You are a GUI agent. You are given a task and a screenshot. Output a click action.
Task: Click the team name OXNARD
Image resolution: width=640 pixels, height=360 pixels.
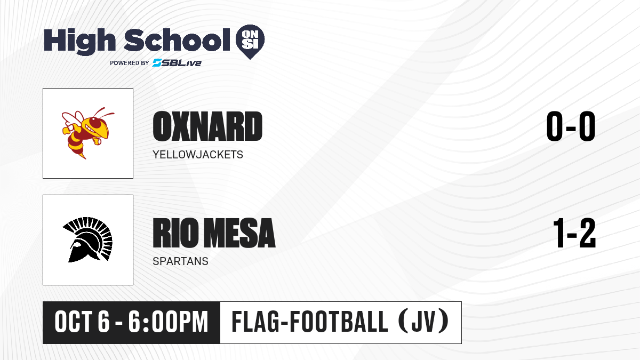207,126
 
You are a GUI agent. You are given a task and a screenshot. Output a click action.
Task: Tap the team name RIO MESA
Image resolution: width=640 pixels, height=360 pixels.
214,233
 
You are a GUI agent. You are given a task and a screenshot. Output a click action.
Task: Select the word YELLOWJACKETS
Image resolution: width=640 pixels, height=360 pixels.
198,155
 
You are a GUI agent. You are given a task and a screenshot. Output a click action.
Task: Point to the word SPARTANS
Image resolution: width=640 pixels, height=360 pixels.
180,261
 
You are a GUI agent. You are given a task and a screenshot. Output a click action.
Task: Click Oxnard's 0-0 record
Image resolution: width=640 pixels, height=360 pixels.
571,126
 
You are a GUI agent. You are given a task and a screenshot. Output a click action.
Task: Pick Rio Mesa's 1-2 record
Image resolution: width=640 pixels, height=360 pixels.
574,233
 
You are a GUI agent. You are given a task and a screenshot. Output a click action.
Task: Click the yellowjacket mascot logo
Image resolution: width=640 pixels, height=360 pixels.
88,133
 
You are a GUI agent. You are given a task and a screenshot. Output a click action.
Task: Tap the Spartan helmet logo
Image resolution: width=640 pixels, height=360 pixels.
87,239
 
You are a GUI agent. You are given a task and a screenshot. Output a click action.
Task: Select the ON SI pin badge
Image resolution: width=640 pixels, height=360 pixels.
250,42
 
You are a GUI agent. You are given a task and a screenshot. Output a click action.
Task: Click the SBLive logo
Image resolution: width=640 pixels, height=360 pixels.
177,62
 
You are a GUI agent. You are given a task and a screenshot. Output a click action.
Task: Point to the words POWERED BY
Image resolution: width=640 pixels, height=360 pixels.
130,63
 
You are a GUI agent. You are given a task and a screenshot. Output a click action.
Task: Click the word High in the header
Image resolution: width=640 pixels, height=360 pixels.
79,41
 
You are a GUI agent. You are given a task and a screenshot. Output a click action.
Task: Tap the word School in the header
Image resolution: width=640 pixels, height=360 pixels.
177,40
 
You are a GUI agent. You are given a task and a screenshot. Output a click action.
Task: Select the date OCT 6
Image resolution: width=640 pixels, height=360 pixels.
82,322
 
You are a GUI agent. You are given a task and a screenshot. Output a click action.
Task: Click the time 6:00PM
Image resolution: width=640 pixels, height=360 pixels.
168,322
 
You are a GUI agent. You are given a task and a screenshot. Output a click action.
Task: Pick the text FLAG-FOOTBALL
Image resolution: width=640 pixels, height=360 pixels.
310,322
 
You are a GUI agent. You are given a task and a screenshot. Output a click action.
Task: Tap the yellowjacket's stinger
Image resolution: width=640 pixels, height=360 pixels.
83,156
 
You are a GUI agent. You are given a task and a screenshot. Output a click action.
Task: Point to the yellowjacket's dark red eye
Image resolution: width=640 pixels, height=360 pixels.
95,123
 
